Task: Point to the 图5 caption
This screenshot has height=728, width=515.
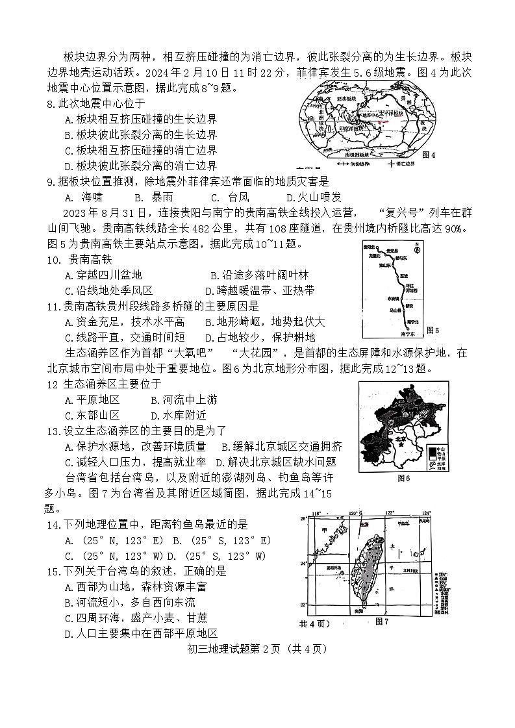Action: (x=432, y=331)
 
